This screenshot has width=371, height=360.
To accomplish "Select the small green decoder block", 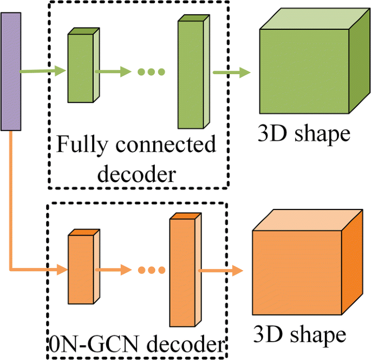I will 80,70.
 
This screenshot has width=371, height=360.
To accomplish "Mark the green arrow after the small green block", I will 113,71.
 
